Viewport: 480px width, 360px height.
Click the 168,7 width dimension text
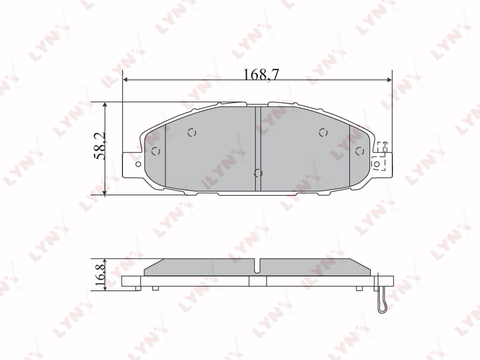tap(261, 74)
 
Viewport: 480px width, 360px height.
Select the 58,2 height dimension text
tap(100, 146)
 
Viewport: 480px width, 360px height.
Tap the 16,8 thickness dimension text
tap(100, 274)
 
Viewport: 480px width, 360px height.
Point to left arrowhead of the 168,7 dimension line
tap(125, 80)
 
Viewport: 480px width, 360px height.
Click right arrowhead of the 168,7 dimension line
tap(389, 80)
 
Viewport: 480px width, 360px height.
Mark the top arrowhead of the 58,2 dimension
tap(105, 104)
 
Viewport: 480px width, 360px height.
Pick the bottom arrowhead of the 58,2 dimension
tap(105, 193)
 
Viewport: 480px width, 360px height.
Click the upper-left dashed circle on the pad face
tap(192, 133)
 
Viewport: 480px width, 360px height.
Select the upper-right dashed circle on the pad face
tap(323, 133)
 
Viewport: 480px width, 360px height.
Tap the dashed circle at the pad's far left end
tap(156, 151)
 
